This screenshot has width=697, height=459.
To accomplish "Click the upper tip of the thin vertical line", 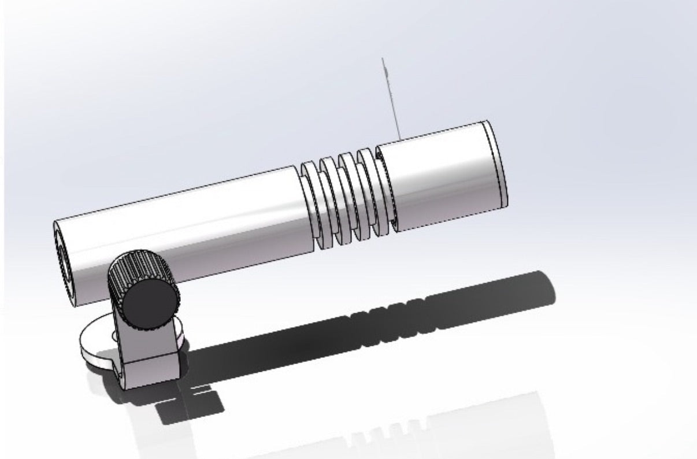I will (x=382, y=59).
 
